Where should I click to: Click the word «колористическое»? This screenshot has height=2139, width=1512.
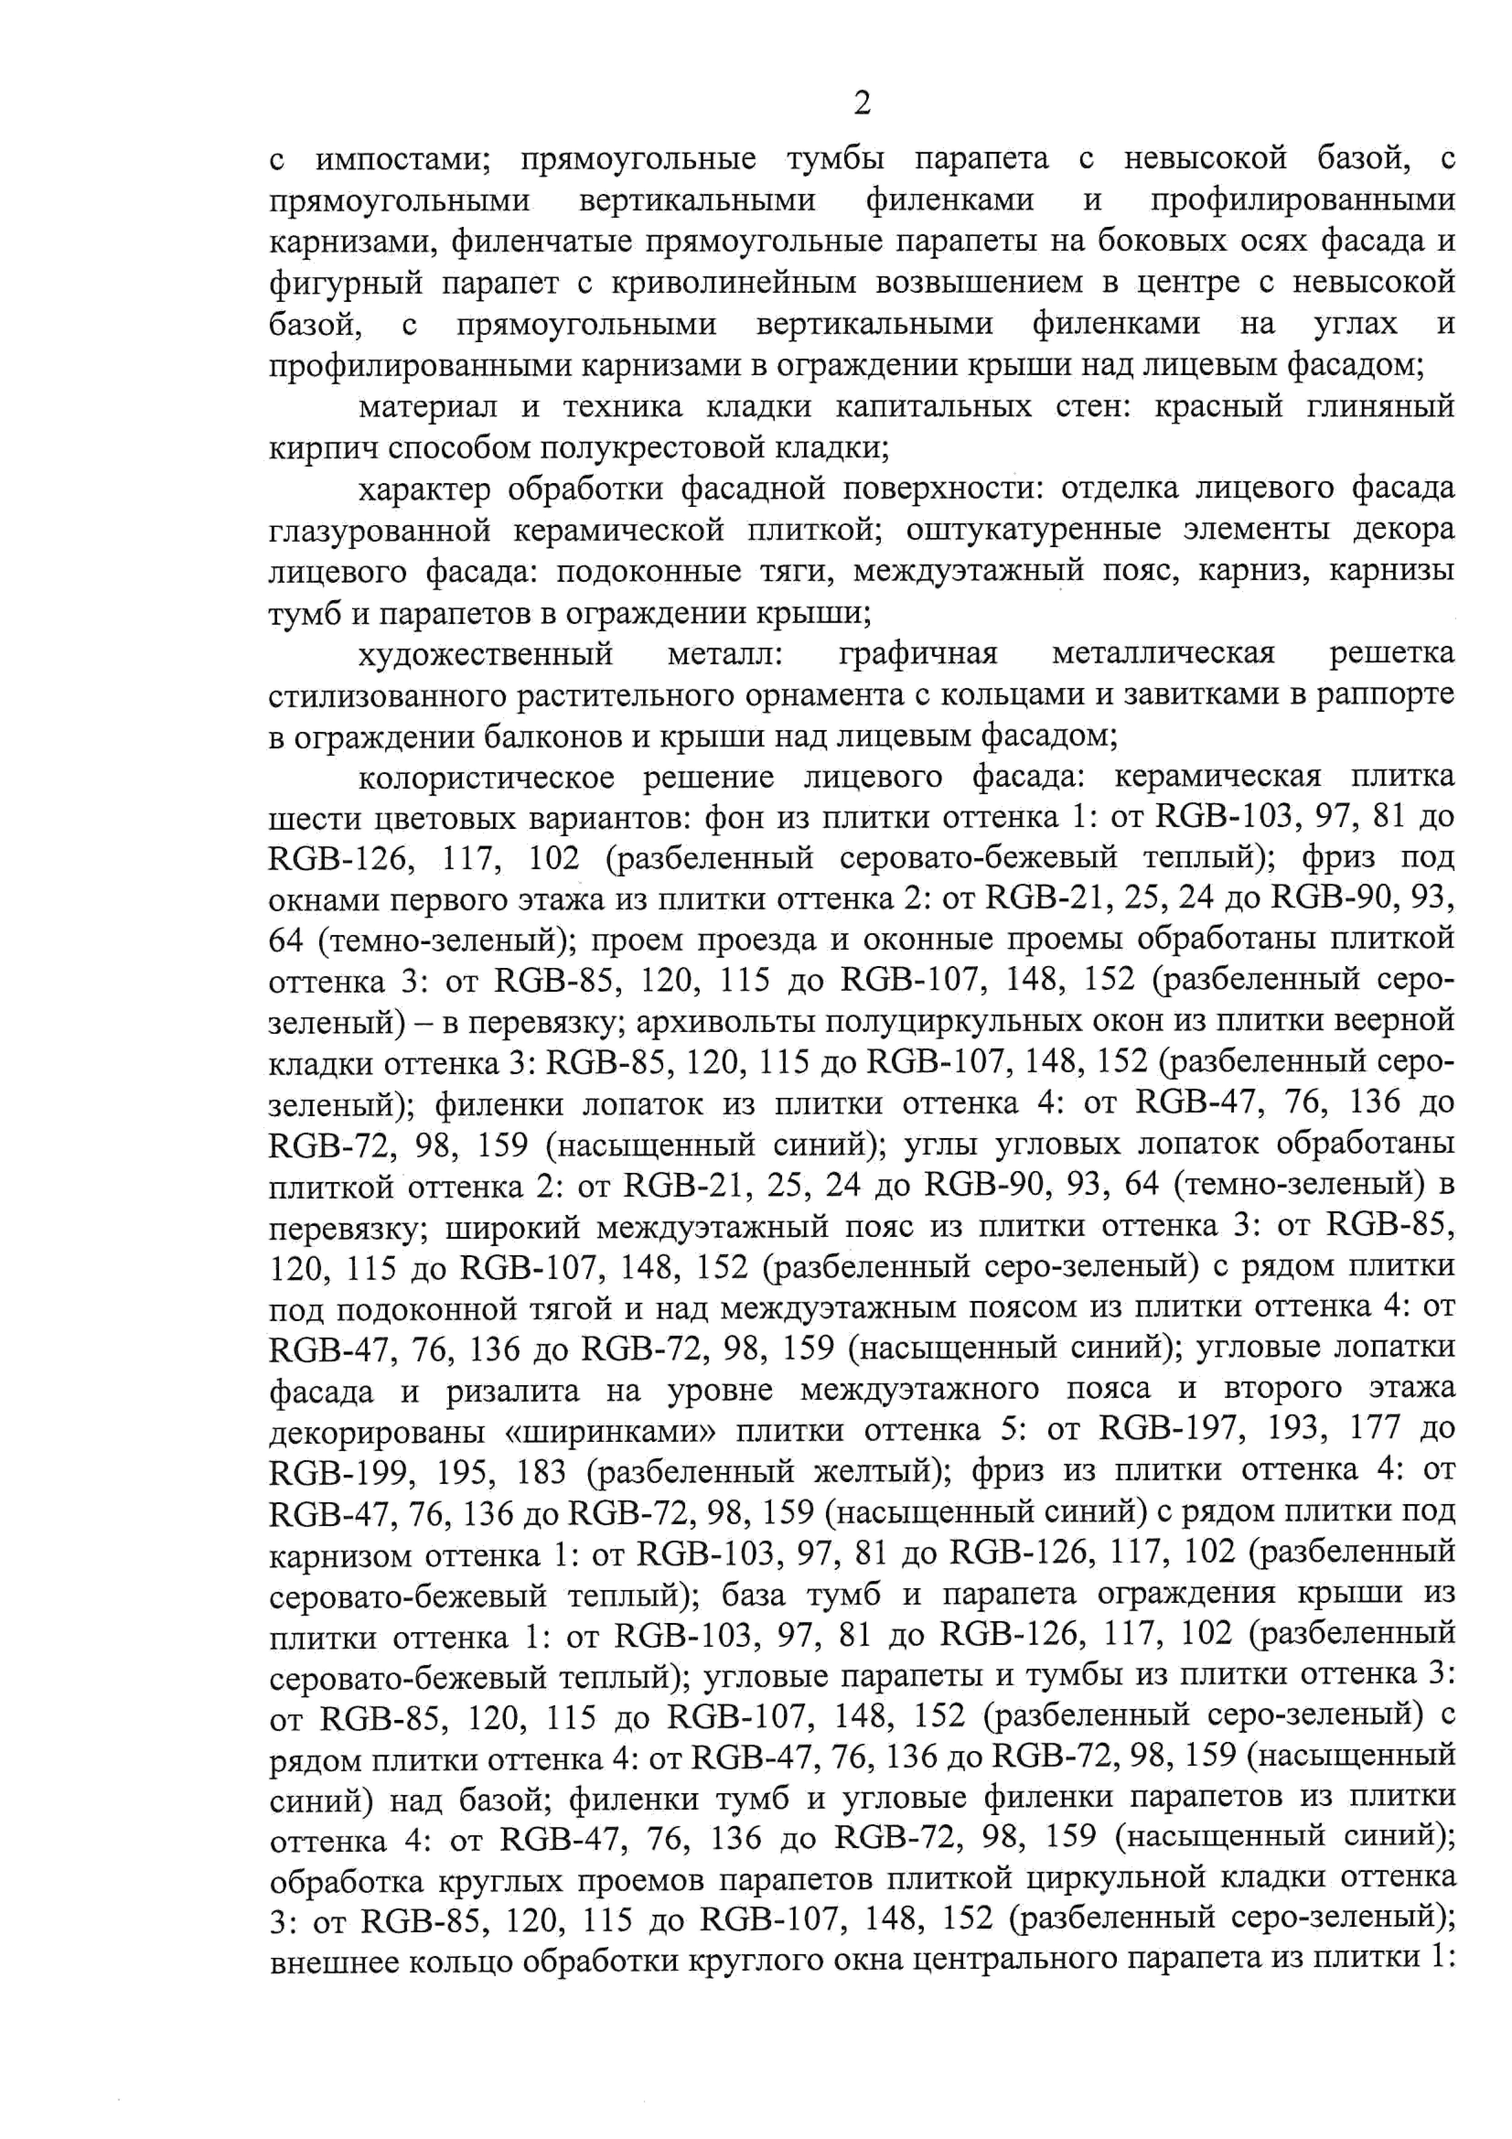[x=486, y=777]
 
